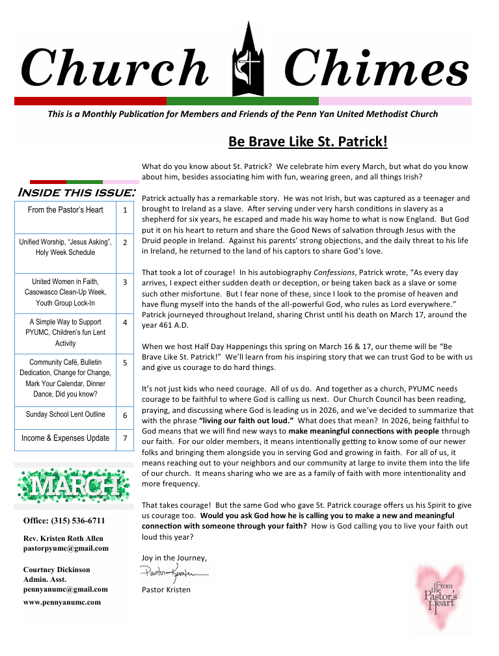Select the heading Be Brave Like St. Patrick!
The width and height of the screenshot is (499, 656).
tap(308, 142)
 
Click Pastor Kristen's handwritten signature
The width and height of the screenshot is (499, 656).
tap(174, 573)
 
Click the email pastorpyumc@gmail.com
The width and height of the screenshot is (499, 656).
tap(66, 548)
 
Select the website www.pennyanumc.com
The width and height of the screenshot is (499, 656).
tap(62, 602)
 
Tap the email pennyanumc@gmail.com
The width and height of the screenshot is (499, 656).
tap(65, 589)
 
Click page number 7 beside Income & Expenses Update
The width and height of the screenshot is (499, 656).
tap(124, 438)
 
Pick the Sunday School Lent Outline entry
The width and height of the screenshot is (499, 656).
tap(65, 415)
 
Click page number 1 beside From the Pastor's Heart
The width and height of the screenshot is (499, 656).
tap(124, 210)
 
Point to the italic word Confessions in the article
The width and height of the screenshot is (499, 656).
tap(334, 272)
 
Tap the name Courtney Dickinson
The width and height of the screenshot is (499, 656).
tap(57, 570)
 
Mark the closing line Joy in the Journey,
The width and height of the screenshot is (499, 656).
tap(174, 557)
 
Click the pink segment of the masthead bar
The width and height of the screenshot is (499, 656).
tap(395, 101)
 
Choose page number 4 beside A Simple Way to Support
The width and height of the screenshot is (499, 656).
tap(124, 322)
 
